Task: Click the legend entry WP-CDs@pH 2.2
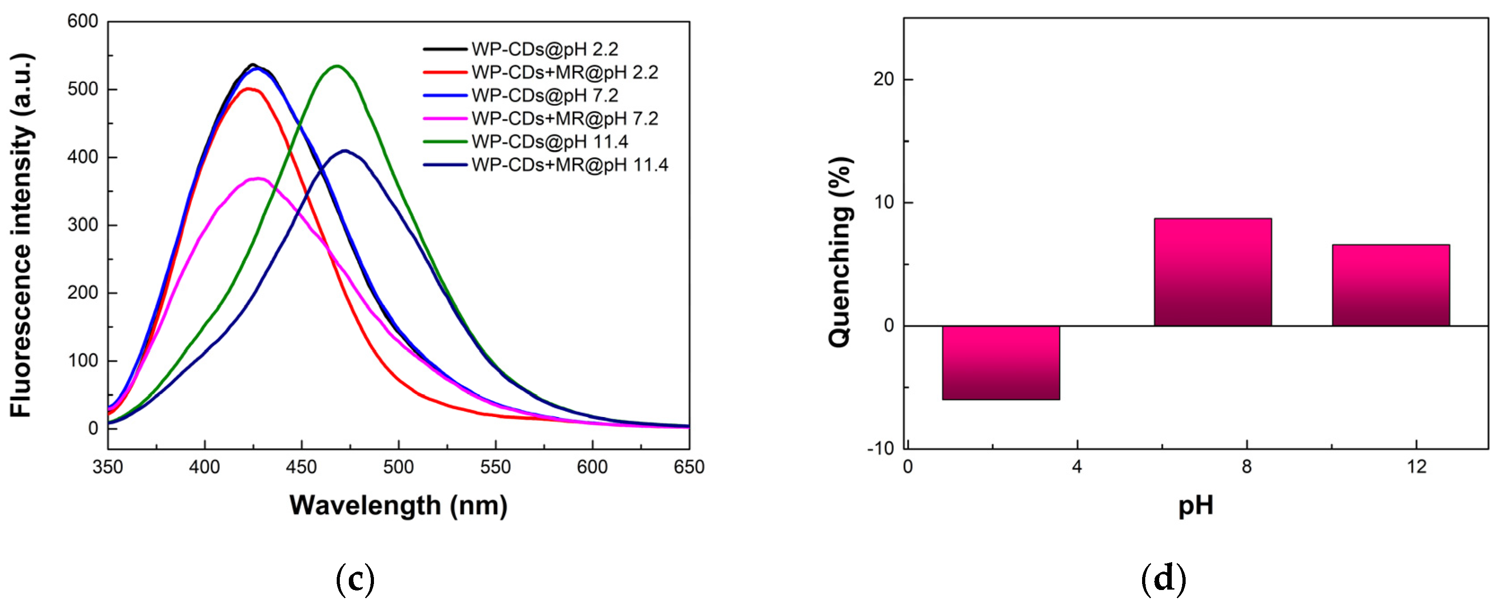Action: pos(545,49)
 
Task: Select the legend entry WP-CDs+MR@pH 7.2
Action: pos(564,119)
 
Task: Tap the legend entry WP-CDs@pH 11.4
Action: pos(549,142)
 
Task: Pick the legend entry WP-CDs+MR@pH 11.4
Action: pos(569,165)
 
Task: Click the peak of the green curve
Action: pos(337,66)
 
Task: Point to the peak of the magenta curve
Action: pos(257,179)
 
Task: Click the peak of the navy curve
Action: pos(345,151)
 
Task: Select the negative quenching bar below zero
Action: pos(1000,362)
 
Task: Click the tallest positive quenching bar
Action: pos(1213,272)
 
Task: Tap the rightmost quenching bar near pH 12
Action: pos(1390,285)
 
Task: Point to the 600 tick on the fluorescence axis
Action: pos(83,22)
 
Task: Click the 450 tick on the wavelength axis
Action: pos(301,467)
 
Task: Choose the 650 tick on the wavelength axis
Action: pos(689,467)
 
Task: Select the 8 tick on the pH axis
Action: pos(1246,467)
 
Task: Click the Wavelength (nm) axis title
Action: pos(399,505)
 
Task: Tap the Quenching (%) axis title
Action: pos(840,252)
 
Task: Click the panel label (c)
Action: pos(355,579)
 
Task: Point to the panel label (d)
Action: pos(1163,579)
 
